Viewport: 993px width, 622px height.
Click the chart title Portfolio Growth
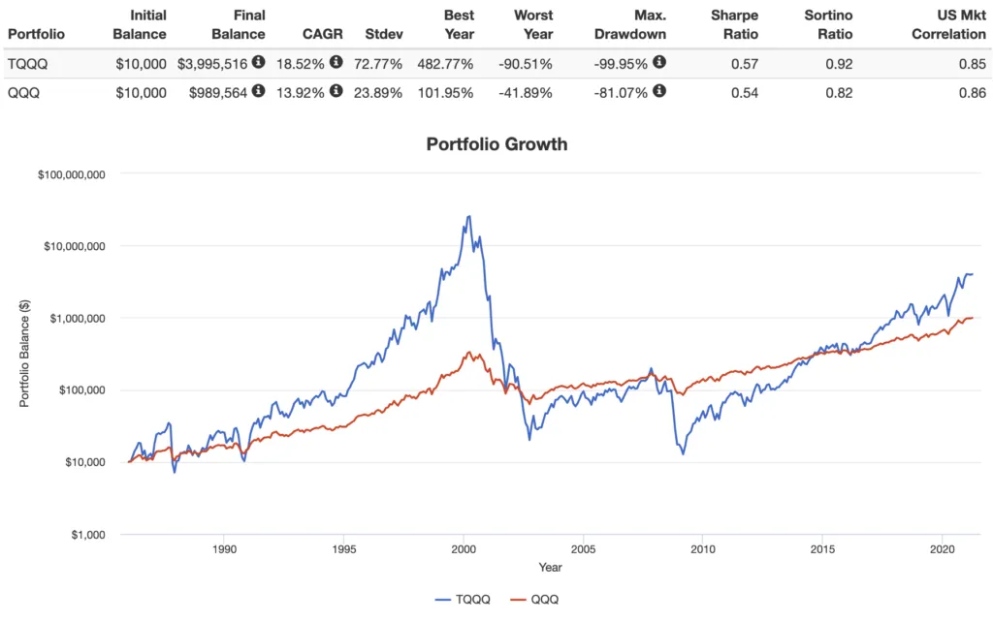point(496,144)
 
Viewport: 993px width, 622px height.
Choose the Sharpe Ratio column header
point(734,24)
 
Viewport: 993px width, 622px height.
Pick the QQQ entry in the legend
point(535,599)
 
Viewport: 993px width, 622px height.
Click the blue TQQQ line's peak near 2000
point(469,216)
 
